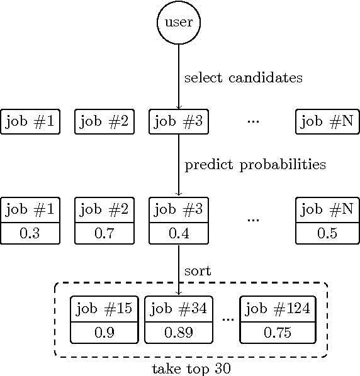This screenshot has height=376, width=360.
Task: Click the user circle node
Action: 179,23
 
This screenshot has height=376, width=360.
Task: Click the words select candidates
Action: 243,79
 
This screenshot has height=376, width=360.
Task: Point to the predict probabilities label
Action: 255,165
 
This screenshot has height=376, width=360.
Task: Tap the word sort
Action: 198,271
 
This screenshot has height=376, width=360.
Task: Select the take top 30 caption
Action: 191,368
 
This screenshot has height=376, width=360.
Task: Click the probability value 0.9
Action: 104,333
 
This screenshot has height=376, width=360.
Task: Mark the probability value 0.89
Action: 179,333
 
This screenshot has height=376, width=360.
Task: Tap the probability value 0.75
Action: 278,333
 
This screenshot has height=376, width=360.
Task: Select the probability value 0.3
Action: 30,233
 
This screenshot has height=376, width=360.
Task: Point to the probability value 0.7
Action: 104,233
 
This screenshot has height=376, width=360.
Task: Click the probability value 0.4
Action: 179,233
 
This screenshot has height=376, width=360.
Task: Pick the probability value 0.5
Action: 327,233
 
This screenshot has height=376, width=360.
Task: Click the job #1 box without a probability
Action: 30,121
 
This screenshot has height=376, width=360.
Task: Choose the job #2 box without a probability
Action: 104,121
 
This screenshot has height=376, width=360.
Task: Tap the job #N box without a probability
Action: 327,121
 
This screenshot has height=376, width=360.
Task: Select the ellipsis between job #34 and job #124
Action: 227,319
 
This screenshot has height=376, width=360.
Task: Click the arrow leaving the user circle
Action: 179,75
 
